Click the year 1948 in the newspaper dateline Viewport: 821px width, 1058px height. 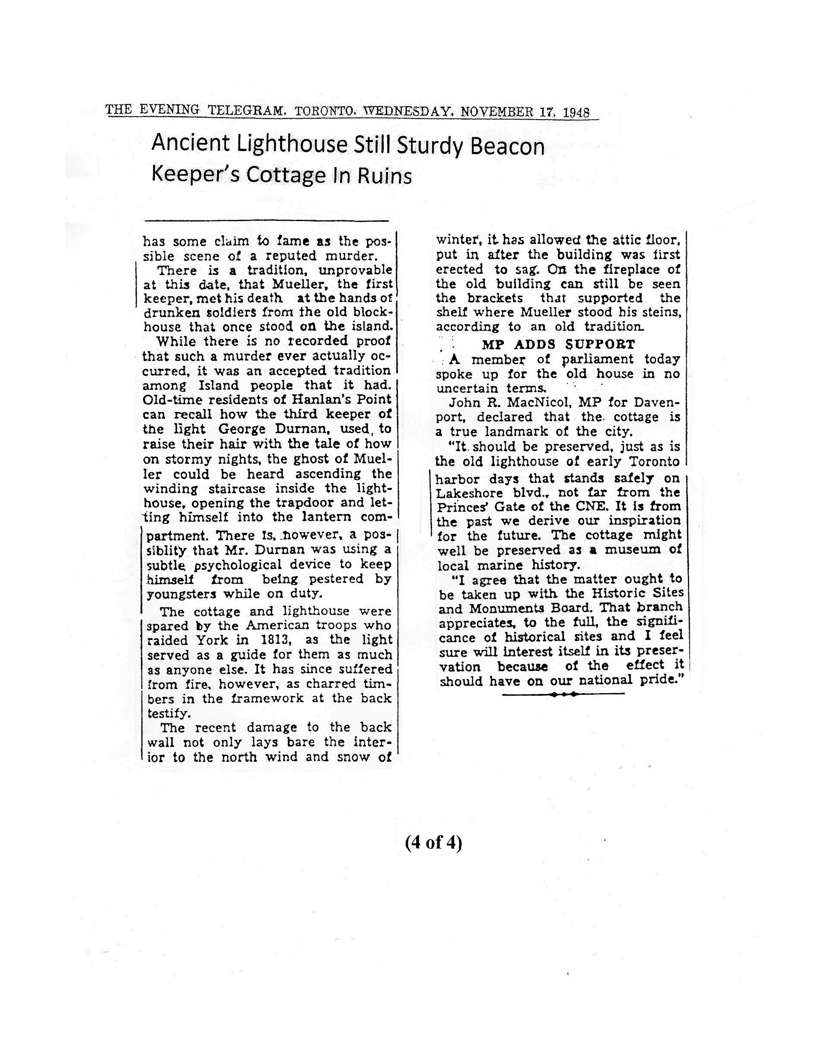point(576,113)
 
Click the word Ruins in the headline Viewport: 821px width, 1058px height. point(385,176)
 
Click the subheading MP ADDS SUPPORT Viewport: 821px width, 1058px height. point(558,345)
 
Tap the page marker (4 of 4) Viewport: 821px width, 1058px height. point(433,843)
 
